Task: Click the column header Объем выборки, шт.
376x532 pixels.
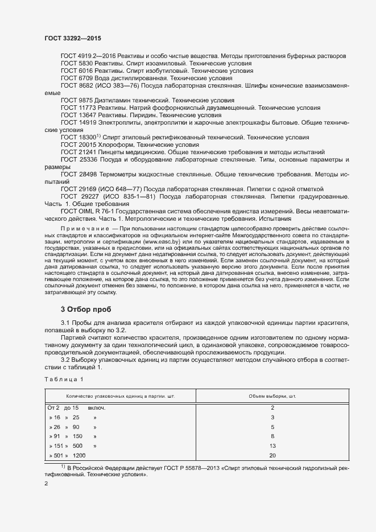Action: [272, 395]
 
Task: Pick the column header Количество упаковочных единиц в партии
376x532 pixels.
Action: [120, 395]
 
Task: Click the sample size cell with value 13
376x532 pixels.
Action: [272, 446]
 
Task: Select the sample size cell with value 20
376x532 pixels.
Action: [272, 455]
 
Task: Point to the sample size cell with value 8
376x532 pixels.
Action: [272, 436]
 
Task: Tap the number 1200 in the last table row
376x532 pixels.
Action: [79, 455]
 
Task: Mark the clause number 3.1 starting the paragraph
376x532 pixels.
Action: [65, 323]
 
